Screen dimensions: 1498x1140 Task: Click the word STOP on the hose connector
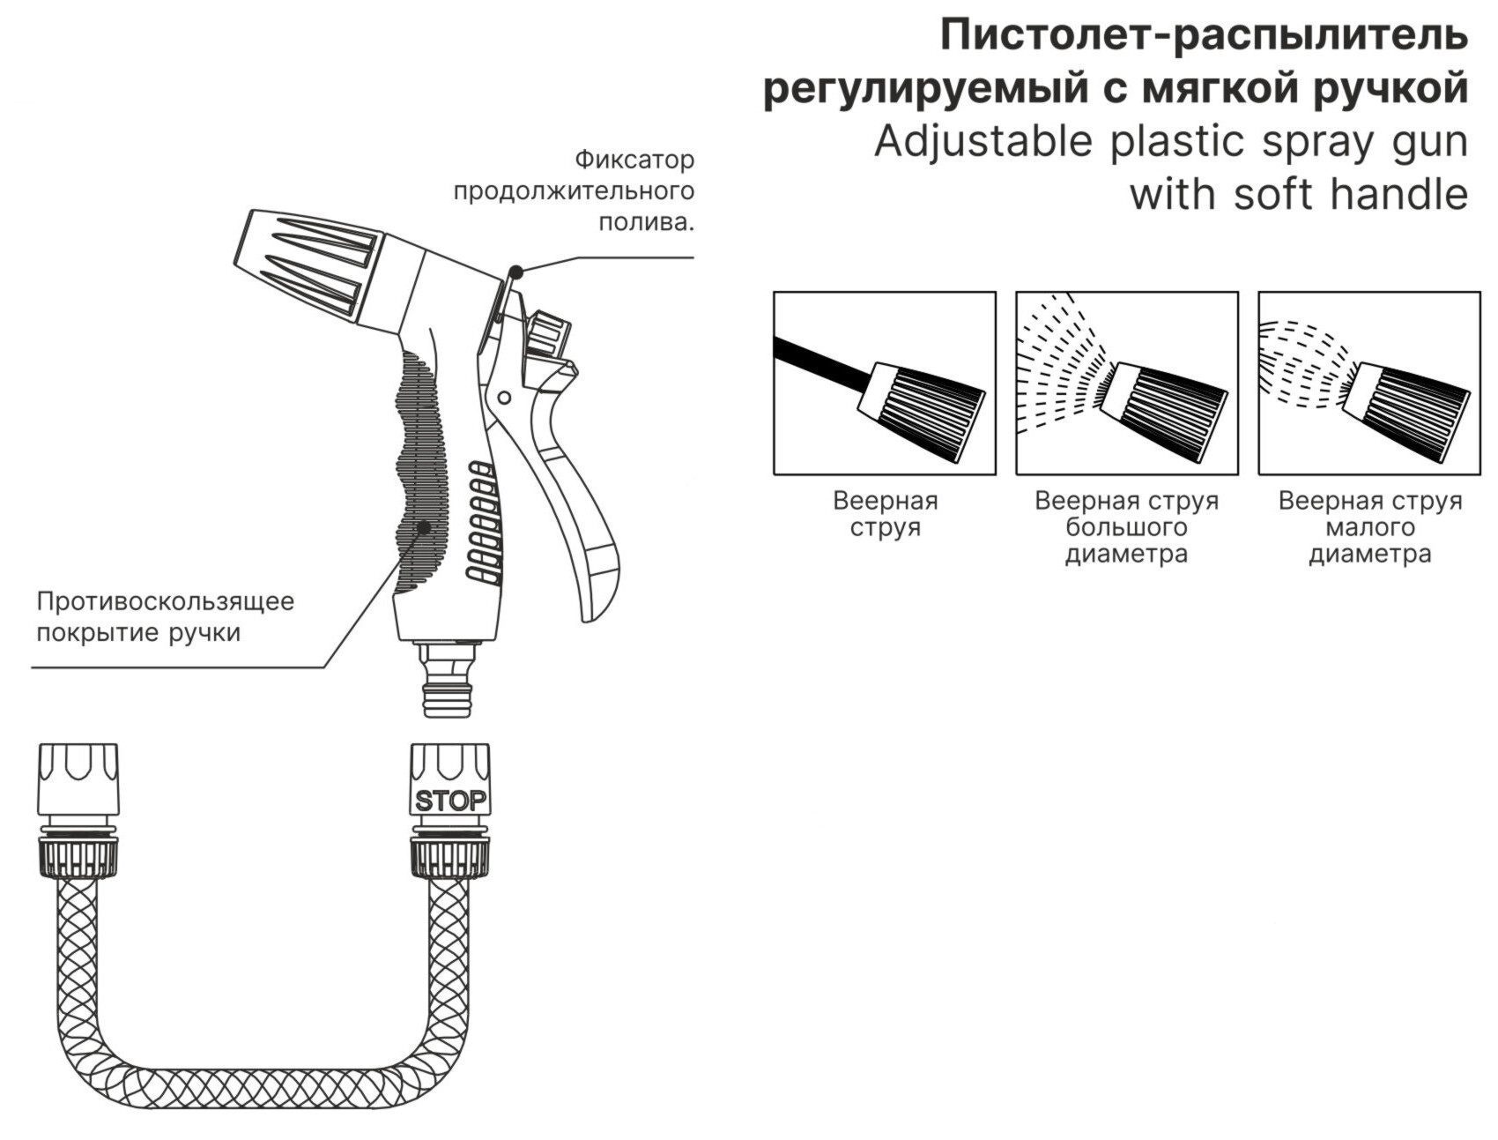[450, 801]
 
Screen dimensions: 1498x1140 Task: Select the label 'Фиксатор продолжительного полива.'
[574, 190]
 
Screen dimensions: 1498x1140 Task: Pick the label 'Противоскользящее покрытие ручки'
[165, 617]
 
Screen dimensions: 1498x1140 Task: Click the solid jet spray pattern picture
[885, 384]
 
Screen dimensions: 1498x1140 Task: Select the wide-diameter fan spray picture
[1127, 384]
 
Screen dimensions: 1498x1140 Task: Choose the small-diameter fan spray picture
[1369, 384]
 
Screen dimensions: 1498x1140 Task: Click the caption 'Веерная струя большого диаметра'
[1127, 527]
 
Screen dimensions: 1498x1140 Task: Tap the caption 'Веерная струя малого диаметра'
[1370, 527]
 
